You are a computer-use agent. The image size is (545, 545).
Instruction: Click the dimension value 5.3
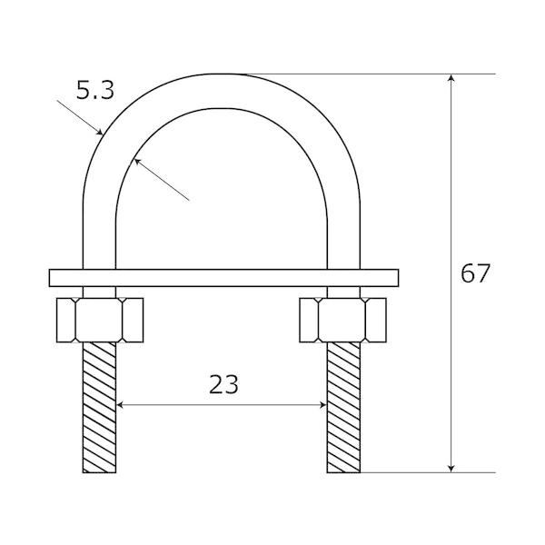click(95, 90)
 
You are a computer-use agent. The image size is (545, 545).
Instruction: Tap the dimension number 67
click(475, 273)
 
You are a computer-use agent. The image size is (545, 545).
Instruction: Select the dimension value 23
click(223, 384)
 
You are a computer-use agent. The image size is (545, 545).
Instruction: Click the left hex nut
click(100, 320)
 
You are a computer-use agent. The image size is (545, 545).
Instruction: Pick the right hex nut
click(342, 320)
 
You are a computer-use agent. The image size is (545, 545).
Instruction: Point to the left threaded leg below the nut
click(99, 407)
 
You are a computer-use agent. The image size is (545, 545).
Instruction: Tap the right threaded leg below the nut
click(343, 407)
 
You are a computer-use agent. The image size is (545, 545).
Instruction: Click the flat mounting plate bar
click(223, 278)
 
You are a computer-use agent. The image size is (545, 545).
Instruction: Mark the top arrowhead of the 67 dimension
click(451, 78)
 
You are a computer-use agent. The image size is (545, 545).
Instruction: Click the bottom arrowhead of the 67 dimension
click(451, 469)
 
